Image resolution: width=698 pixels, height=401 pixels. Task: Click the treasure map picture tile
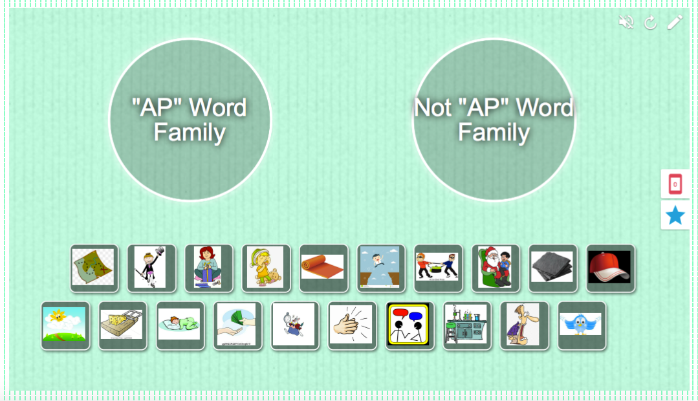click(94, 268)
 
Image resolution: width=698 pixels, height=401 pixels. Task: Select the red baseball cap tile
click(610, 268)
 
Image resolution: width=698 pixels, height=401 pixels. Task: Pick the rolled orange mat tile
click(323, 268)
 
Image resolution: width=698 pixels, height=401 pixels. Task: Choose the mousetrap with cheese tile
click(123, 325)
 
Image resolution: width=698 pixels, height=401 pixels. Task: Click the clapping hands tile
click(352, 325)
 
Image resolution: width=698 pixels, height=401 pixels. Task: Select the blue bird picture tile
click(582, 325)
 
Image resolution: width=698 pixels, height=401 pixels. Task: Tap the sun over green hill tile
click(65, 325)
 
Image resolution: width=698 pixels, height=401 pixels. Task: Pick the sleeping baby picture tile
click(180, 325)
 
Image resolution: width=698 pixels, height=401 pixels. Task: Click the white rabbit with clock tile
click(295, 325)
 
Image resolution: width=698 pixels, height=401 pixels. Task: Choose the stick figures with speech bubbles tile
click(409, 325)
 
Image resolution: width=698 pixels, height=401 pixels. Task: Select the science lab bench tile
click(467, 325)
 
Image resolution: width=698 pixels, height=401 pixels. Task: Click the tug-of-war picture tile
click(438, 268)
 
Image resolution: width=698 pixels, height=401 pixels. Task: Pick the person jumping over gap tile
click(381, 268)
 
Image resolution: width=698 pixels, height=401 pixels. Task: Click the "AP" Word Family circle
click(190, 120)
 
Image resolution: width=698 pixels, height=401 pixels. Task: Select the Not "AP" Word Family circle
click(494, 120)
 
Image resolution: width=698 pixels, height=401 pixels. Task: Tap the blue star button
click(675, 215)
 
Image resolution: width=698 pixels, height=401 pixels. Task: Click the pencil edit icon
click(675, 23)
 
